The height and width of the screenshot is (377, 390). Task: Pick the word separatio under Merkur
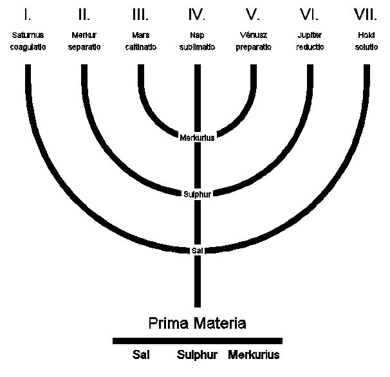(84, 48)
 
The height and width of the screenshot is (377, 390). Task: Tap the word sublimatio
(197, 48)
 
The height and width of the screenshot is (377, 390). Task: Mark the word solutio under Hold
(367, 48)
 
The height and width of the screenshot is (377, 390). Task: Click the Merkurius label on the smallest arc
(197, 136)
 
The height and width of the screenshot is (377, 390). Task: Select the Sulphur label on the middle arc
(197, 192)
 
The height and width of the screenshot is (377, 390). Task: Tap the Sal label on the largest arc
(197, 250)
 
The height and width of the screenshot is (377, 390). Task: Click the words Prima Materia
(197, 322)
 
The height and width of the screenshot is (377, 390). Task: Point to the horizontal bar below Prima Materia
(197, 340)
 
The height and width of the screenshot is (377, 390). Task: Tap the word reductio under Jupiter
(310, 48)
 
